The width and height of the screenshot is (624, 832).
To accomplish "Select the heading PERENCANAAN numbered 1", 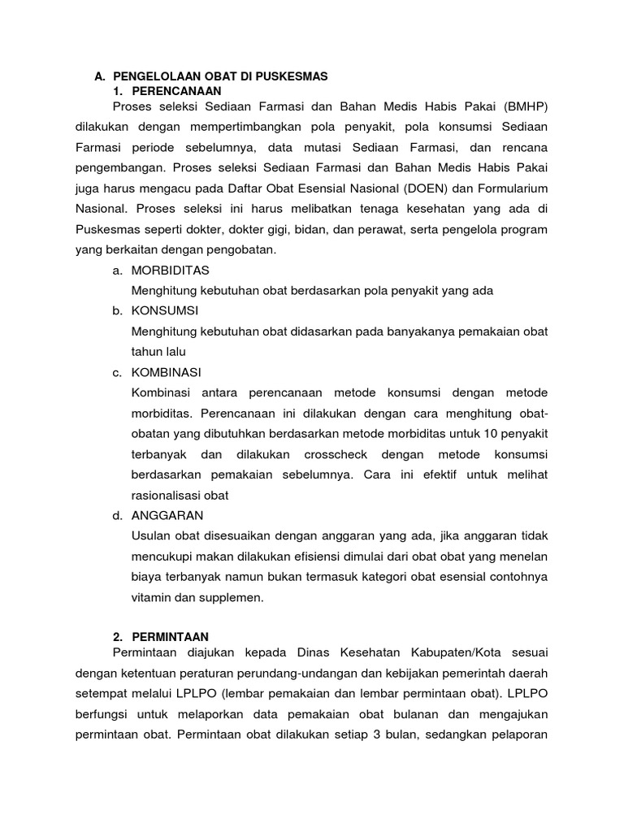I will (175, 90).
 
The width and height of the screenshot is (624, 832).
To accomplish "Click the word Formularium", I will (511, 188).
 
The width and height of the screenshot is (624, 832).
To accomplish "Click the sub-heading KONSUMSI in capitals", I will (165, 310).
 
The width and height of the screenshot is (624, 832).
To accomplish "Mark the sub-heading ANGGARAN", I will (167, 515).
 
